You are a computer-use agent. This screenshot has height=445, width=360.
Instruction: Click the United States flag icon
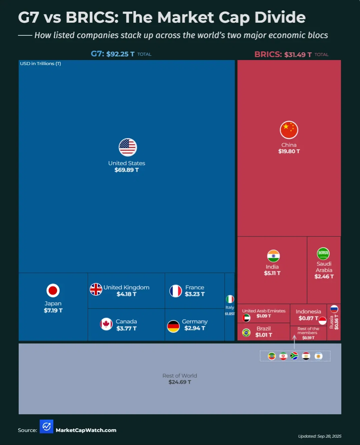[x=128, y=147]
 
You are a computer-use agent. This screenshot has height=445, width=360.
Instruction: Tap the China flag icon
[x=289, y=130]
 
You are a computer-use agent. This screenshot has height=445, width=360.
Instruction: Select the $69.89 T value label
[x=126, y=170]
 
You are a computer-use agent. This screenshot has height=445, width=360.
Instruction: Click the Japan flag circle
[x=53, y=290]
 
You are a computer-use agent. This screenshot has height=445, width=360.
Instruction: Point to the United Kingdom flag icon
[x=96, y=289]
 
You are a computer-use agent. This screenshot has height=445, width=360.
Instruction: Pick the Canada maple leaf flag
[x=106, y=324]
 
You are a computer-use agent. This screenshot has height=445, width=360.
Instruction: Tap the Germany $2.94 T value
[x=195, y=328]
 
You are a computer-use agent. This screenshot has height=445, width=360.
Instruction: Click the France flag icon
[x=176, y=291]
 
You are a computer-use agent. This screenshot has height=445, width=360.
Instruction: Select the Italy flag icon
[x=230, y=299]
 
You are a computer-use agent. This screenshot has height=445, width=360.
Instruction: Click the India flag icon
[x=273, y=256]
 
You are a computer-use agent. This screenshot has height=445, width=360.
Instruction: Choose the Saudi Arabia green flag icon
[x=323, y=254]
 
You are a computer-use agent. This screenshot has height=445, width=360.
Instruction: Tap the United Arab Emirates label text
[x=264, y=311]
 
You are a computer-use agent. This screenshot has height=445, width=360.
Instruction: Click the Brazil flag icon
[x=246, y=332]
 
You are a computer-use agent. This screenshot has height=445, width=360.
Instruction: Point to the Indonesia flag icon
[x=322, y=321]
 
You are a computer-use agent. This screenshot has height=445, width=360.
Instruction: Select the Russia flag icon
[x=334, y=309]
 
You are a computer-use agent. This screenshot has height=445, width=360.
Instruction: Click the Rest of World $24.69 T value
[x=180, y=382]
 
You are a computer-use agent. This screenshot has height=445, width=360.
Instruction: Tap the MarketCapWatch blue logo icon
[x=46, y=426]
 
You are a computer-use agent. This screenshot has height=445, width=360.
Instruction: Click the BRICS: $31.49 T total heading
[x=283, y=54]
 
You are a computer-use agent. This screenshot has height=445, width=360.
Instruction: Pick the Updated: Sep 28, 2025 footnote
[x=319, y=436]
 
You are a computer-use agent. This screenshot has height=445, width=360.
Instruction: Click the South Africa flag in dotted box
[x=294, y=356]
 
